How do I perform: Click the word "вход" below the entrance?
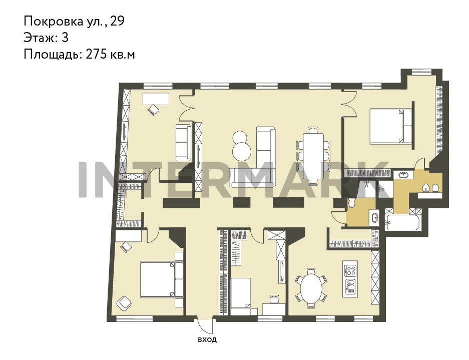[207, 339]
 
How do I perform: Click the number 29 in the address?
[117, 21]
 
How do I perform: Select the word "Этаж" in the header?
[39, 38]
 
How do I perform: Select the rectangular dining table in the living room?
[313, 156]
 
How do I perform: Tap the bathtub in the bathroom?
[402, 222]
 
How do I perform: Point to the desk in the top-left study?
[156, 99]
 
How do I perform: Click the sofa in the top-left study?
[183, 142]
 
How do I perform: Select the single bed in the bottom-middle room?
[240, 296]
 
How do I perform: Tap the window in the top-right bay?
[420, 72]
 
